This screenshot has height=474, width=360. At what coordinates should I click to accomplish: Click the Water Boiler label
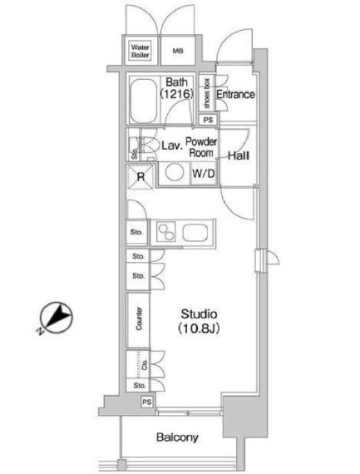(x=141, y=52)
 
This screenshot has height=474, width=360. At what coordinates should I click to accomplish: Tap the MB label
(x=177, y=52)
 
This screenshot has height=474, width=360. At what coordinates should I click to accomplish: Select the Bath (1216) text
(x=177, y=88)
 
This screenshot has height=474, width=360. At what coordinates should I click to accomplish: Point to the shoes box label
(x=206, y=92)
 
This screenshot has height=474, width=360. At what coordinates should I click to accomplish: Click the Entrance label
(x=235, y=95)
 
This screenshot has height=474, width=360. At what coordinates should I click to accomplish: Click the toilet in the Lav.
(x=150, y=148)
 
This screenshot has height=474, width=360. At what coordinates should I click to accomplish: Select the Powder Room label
(x=200, y=147)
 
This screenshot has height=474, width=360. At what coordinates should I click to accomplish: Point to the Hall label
(x=239, y=156)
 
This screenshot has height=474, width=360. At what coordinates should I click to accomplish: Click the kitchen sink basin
(x=197, y=232)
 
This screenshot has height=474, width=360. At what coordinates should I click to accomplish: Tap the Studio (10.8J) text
(x=200, y=321)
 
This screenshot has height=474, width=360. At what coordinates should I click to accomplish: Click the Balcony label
(x=175, y=438)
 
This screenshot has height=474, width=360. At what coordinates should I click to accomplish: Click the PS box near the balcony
(x=147, y=402)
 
